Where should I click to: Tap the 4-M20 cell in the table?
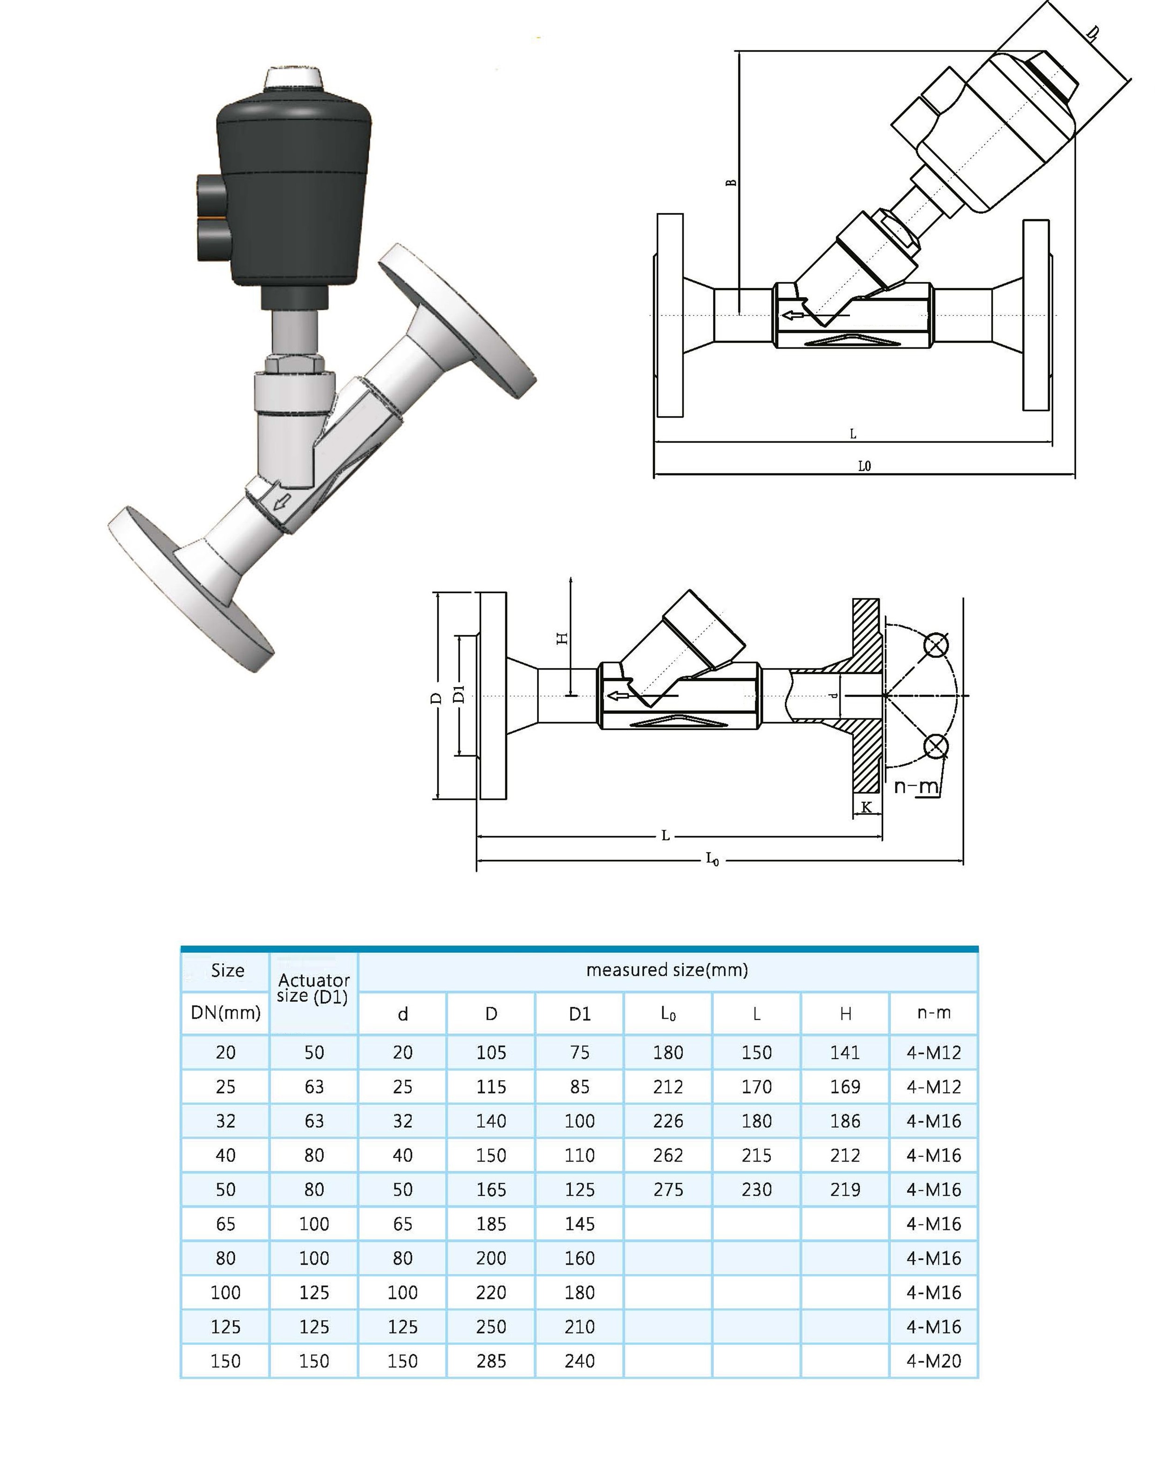click(933, 1360)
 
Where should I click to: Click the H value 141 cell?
click(845, 1052)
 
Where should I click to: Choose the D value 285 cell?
click(490, 1360)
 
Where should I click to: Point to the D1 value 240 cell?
click(579, 1360)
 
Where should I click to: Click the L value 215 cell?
click(756, 1155)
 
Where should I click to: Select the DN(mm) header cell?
click(225, 1012)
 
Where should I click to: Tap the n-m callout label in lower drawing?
click(916, 786)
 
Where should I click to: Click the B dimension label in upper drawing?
click(731, 183)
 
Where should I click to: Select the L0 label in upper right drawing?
click(864, 466)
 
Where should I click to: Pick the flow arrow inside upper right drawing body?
click(793, 315)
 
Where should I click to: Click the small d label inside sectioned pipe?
click(834, 696)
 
